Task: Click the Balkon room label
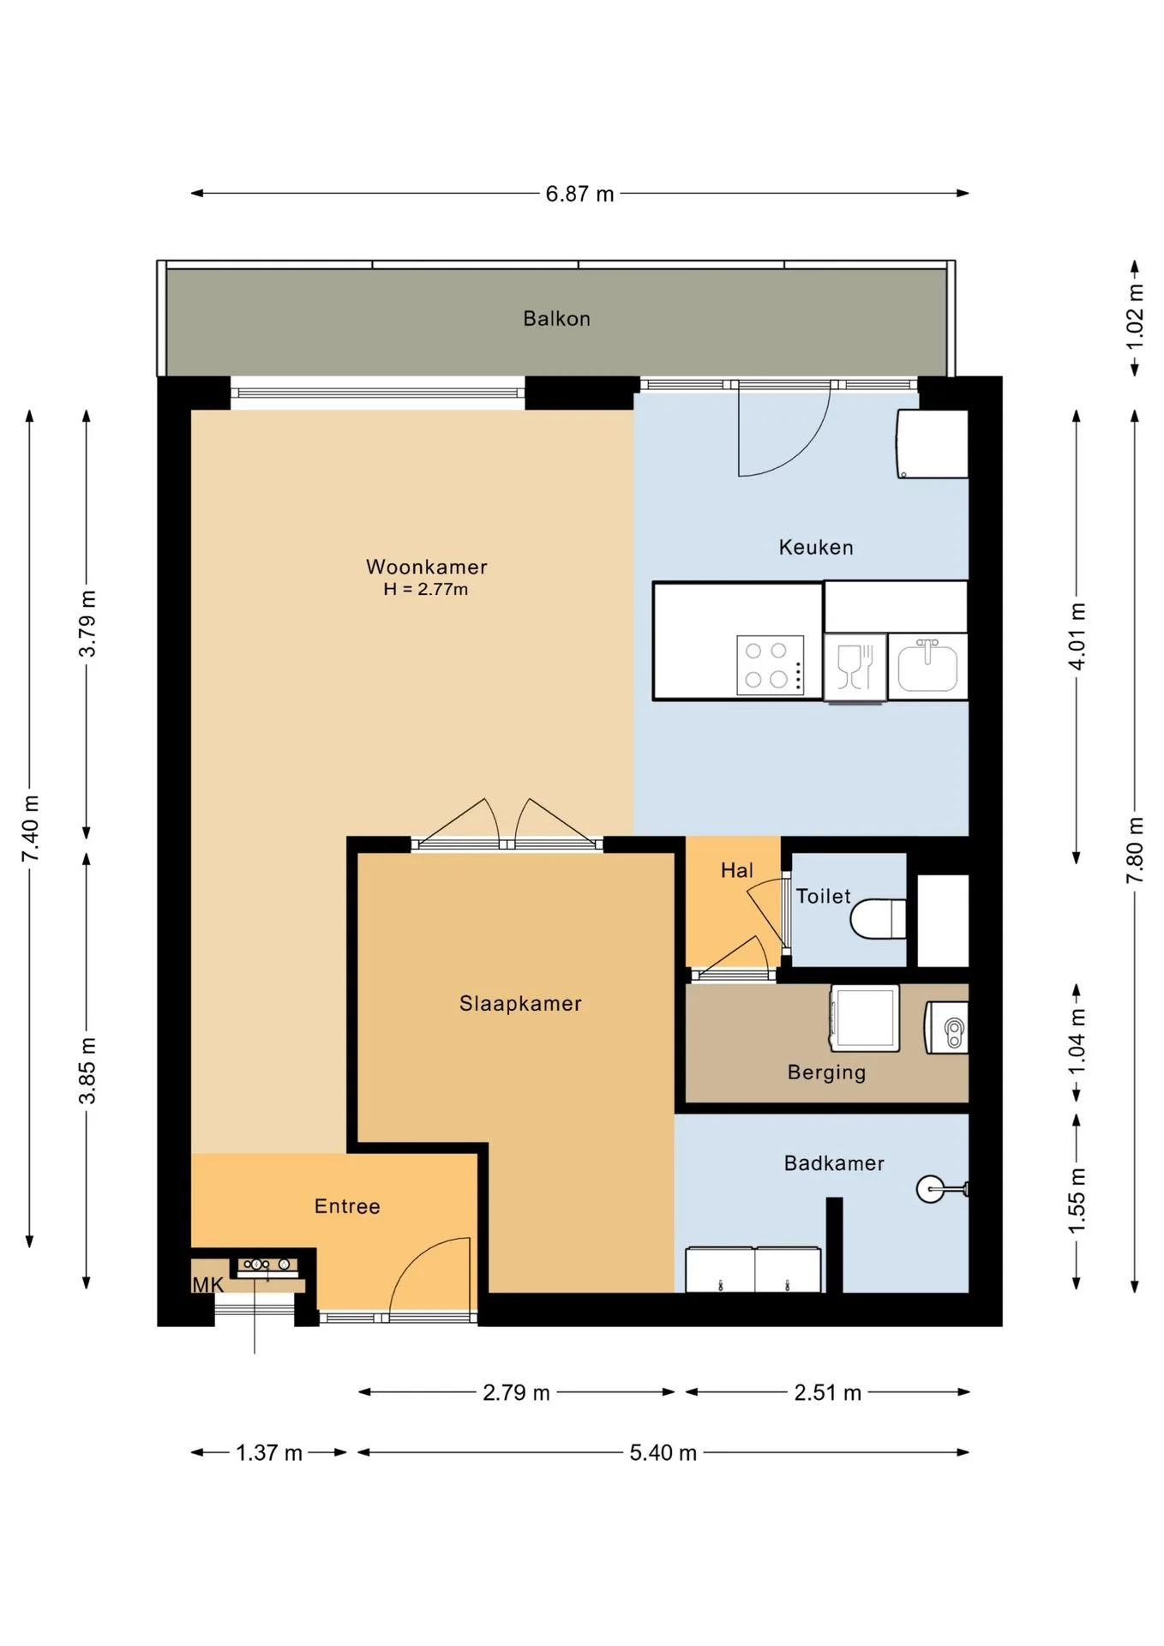click(556, 319)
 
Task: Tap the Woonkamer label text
click(427, 567)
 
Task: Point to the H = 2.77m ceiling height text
click(426, 589)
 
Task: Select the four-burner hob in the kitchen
click(771, 664)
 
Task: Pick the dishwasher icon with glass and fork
click(855, 666)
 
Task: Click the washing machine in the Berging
click(864, 1018)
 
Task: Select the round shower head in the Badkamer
click(930, 1189)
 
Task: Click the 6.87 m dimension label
click(580, 194)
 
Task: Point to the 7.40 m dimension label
click(30, 829)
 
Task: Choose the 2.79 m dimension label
click(516, 1392)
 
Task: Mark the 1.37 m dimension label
click(269, 1452)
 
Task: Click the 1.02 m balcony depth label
click(1135, 316)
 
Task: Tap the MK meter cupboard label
click(207, 1284)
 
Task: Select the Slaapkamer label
click(520, 1003)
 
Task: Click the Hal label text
click(737, 870)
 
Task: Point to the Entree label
click(347, 1206)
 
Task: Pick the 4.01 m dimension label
click(1077, 636)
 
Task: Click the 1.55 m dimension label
click(1077, 1200)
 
